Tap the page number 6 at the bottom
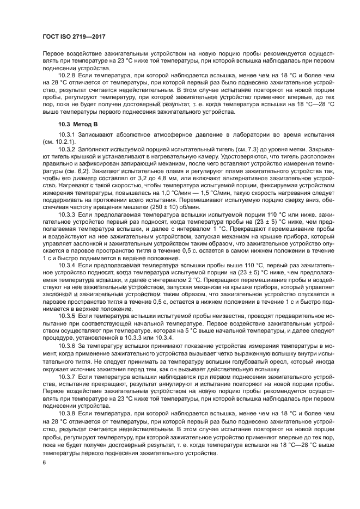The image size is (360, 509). pos(44,463)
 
